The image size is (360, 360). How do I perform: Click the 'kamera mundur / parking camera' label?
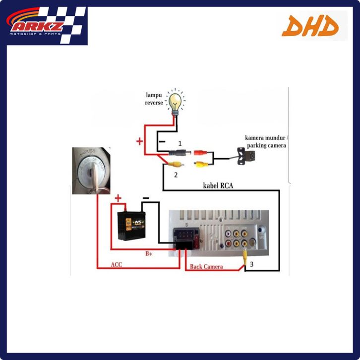[265, 141]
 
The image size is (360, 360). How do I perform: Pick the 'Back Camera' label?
[207, 266]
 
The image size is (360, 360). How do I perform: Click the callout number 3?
[251, 264]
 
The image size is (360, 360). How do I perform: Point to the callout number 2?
[175, 175]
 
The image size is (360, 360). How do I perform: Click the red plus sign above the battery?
[118, 199]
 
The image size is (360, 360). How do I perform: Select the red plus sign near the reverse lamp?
[140, 142]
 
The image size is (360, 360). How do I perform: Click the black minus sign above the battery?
[146, 197]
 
